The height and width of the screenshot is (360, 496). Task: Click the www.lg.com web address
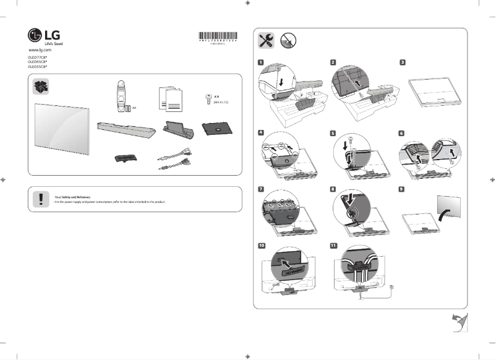pos(40,49)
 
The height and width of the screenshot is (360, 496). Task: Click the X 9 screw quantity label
pos(217,97)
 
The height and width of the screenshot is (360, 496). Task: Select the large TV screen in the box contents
pos(64,128)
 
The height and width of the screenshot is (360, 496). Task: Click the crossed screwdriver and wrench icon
pos(267,40)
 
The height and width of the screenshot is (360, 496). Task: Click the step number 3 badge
pos(403,62)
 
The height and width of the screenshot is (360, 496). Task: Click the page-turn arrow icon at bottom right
pos(460,322)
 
